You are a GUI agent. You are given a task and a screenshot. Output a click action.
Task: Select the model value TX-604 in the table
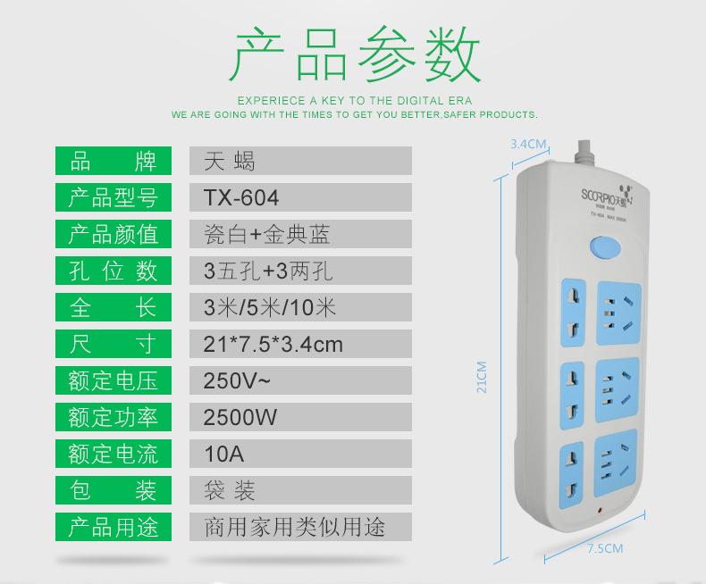pyautogui.click(x=240, y=197)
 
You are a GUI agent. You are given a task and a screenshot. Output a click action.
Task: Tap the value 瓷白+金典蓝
pyautogui.click(x=266, y=234)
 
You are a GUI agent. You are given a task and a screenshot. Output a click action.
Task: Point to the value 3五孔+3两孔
pyautogui.click(x=268, y=271)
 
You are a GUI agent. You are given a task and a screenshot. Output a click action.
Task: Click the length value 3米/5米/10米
pyautogui.click(x=270, y=307)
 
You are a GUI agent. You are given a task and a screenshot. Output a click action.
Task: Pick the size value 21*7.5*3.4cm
pyautogui.click(x=273, y=344)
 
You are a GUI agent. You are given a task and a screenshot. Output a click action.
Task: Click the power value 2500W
pyautogui.click(x=240, y=417)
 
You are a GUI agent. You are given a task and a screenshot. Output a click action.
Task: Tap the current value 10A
pyautogui.click(x=223, y=454)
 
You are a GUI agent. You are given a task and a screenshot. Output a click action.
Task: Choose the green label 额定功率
pyautogui.click(x=113, y=417)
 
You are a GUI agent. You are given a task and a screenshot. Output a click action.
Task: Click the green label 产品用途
pyautogui.click(x=113, y=527)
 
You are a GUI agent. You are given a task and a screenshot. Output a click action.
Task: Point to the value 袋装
pyautogui.click(x=229, y=490)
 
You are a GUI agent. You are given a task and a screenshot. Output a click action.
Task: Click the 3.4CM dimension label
pyautogui.click(x=527, y=143)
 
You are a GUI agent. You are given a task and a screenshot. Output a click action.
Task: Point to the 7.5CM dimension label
pyautogui.click(x=605, y=548)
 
